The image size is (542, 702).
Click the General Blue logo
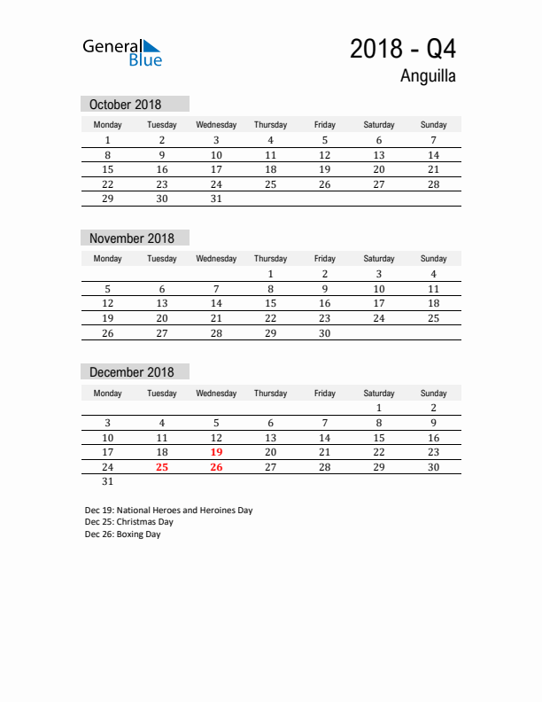(x=122, y=51)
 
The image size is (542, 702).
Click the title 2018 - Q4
(x=403, y=49)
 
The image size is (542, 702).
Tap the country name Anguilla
(x=428, y=76)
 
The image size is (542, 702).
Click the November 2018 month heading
(x=132, y=238)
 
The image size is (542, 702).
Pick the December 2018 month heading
(x=132, y=372)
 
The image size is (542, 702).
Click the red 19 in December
(x=216, y=452)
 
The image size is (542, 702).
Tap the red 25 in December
(x=162, y=467)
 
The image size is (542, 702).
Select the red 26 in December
(x=216, y=467)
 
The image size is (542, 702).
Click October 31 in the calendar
(x=216, y=199)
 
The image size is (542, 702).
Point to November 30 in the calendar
(x=324, y=333)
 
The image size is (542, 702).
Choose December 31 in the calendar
(x=108, y=482)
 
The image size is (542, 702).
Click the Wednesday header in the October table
(x=216, y=125)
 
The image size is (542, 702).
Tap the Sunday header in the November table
(x=433, y=259)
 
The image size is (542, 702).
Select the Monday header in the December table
(x=108, y=393)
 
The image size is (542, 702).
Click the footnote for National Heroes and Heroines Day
(x=169, y=511)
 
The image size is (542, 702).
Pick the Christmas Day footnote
(x=129, y=522)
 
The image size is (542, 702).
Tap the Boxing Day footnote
(x=123, y=534)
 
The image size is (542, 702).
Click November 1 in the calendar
(x=270, y=274)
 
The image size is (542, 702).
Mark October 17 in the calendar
(x=216, y=169)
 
